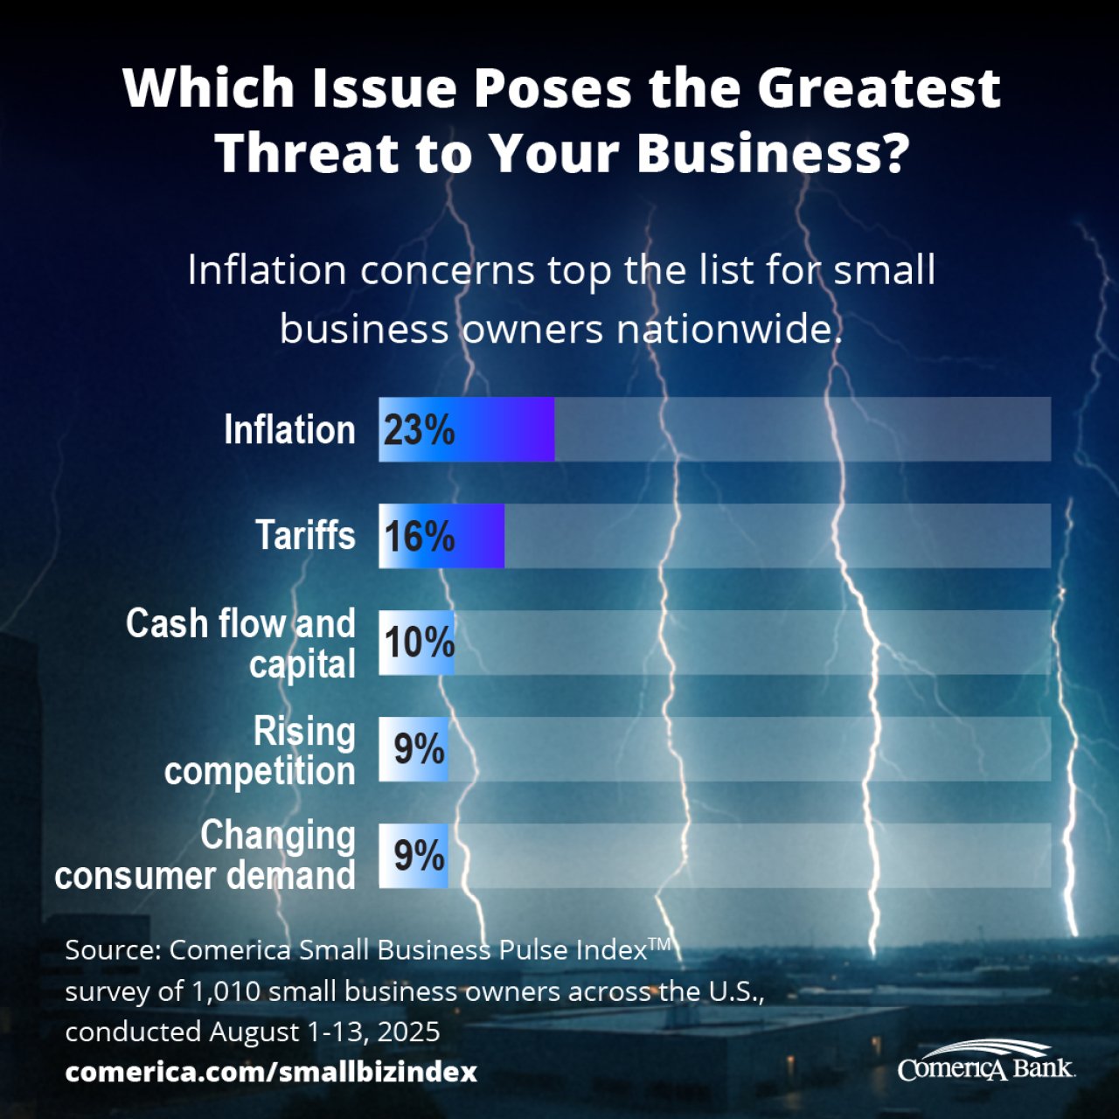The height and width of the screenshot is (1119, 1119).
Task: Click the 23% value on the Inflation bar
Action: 419,430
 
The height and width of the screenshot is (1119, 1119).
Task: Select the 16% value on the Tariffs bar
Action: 419,536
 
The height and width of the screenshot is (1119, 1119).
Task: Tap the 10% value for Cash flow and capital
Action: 419,643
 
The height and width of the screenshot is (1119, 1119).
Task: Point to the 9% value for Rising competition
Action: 419,749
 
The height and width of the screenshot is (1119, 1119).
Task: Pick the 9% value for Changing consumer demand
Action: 419,856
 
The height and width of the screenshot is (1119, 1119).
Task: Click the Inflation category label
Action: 289,430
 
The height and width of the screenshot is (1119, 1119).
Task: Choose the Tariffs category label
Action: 305,536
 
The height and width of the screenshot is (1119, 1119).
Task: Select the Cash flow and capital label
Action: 241,643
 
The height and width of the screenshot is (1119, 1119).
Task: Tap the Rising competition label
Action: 261,751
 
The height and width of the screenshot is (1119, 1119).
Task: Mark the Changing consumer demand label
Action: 206,856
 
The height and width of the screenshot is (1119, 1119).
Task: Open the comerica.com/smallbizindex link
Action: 271,1072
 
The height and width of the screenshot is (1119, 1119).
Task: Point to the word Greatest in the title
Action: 878,89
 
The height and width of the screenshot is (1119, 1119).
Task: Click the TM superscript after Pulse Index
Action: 659,943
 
